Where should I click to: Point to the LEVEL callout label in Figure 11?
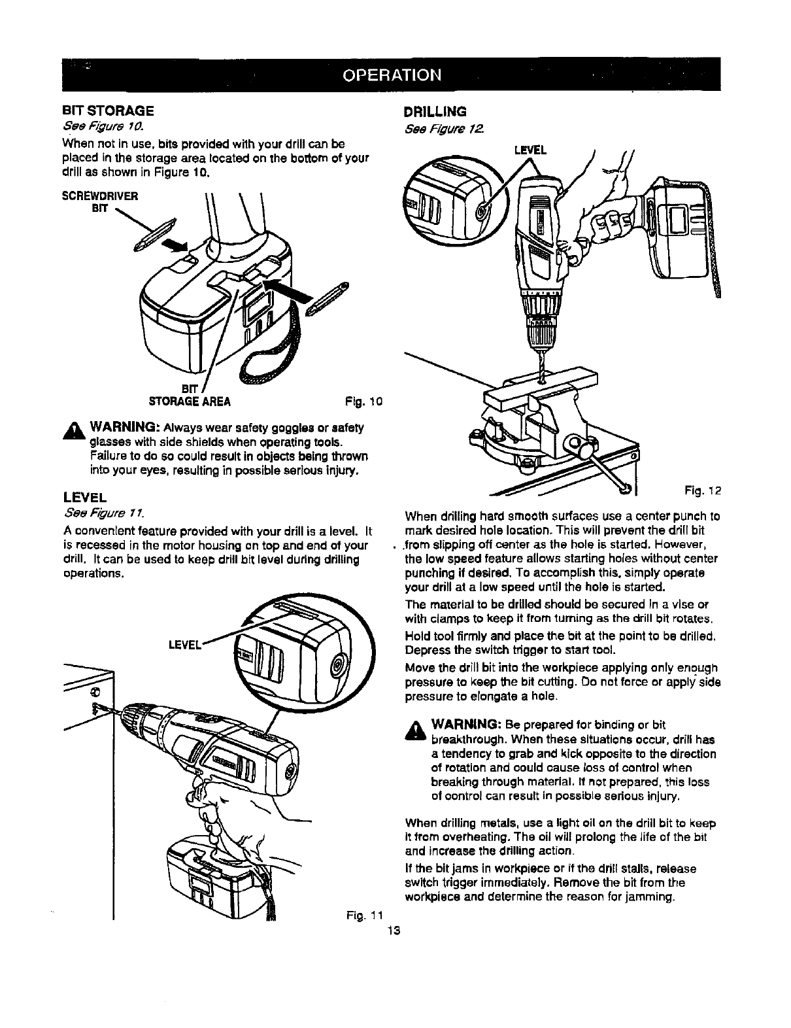tap(184, 644)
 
